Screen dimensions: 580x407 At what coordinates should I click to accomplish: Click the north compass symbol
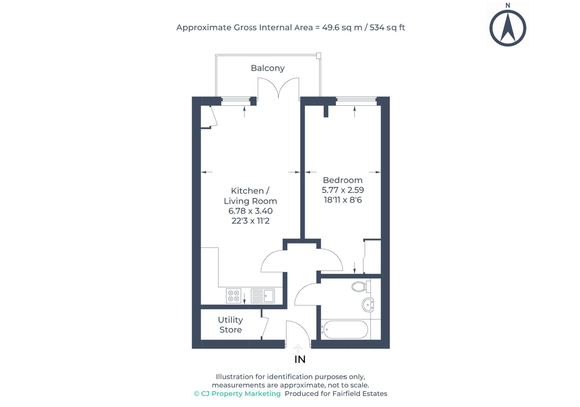pos(507,25)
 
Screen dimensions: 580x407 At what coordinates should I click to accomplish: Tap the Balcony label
pos(268,68)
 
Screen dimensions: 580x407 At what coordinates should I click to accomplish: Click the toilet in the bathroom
pos(361,286)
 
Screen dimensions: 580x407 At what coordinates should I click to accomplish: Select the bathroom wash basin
pos(368,305)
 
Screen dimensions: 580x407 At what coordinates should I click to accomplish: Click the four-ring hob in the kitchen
pos(234,296)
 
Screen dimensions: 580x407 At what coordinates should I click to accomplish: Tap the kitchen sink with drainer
pos(263,296)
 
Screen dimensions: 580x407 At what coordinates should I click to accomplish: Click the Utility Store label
pos(231,325)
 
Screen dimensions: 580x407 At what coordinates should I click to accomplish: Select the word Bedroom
pos(343,180)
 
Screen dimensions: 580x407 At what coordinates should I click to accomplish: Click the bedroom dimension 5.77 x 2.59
pos(343,190)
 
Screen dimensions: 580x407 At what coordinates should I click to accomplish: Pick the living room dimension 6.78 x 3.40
pos(251,211)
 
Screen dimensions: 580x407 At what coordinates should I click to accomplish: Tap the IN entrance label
pos(300,359)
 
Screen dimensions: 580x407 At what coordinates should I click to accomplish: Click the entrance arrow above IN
pos(298,348)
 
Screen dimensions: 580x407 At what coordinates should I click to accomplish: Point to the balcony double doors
pos(278,88)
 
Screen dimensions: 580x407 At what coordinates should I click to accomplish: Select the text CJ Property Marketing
pos(241,394)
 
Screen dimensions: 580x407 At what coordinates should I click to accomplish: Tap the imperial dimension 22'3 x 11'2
pos(251,221)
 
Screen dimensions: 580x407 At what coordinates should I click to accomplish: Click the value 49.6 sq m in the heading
pos(342,27)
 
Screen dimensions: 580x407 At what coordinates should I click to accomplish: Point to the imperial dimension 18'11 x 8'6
pos(343,200)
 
